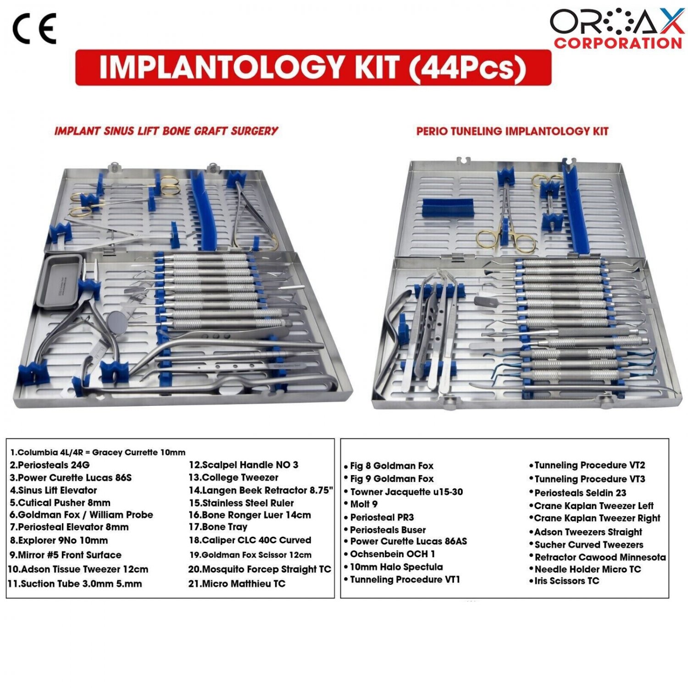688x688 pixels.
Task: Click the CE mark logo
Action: (x=34, y=28)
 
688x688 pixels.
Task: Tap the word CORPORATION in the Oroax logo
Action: (x=618, y=43)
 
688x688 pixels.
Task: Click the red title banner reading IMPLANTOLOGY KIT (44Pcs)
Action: (x=313, y=67)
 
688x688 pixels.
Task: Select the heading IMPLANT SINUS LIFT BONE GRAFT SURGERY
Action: (x=166, y=131)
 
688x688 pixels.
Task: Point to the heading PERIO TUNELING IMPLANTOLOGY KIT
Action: (x=512, y=131)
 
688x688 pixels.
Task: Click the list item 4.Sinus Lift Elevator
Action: (x=53, y=490)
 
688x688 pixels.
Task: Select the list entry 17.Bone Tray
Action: (x=218, y=527)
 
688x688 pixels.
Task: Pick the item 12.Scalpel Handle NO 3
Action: (x=244, y=465)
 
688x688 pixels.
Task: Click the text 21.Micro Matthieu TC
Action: (x=237, y=584)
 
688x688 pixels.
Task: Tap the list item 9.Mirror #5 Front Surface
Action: (x=65, y=555)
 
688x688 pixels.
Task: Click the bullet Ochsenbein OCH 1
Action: (x=389, y=554)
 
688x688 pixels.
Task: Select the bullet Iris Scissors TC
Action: (x=564, y=581)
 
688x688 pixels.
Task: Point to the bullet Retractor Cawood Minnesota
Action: (x=597, y=557)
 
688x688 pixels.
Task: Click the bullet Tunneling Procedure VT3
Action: (x=587, y=479)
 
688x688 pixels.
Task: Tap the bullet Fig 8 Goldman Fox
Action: (x=388, y=466)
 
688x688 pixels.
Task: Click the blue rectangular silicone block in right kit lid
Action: (x=448, y=207)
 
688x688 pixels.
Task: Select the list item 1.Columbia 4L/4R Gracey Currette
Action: (x=98, y=453)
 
